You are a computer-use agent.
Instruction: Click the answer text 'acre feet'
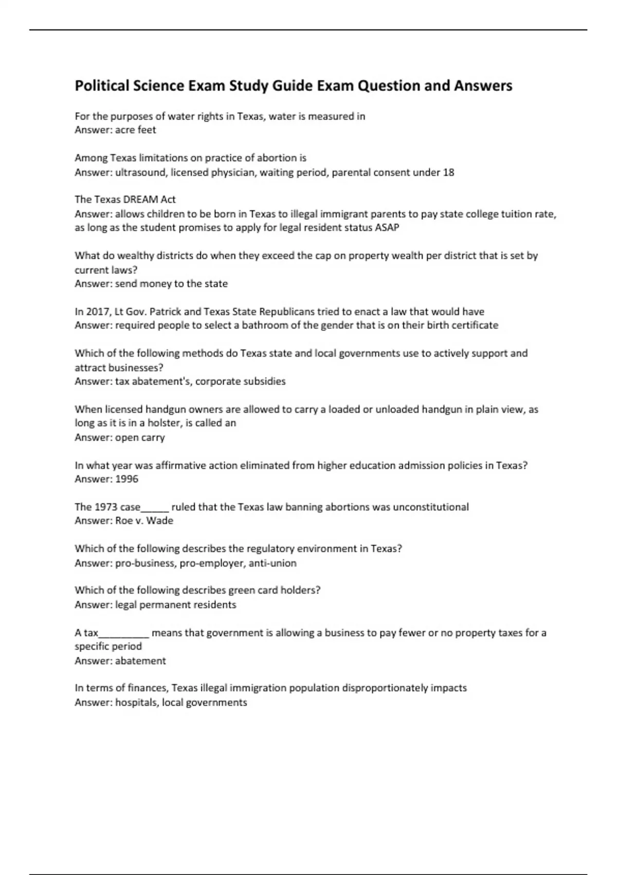(135, 130)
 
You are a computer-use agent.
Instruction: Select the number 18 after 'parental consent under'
(448, 172)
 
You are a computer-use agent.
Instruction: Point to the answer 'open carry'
(140, 437)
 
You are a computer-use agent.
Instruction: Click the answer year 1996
(126, 479)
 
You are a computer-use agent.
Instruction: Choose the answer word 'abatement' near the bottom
(140, 661)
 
